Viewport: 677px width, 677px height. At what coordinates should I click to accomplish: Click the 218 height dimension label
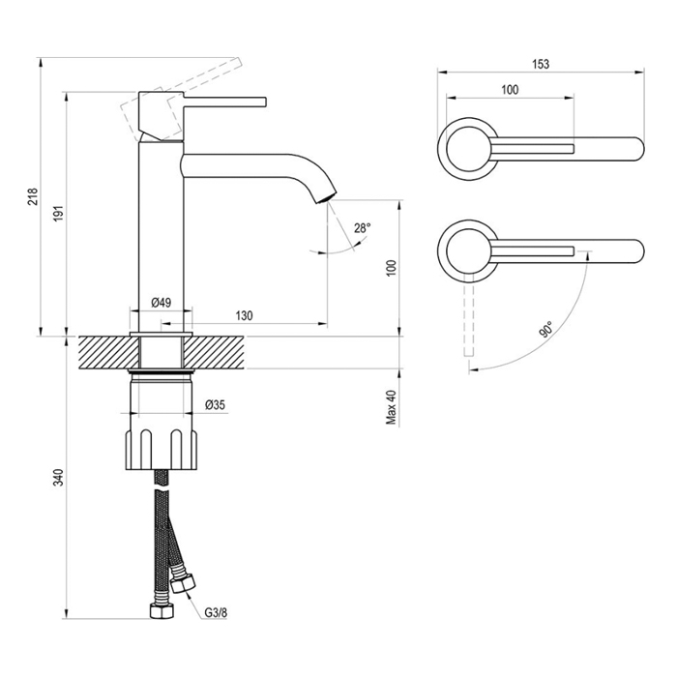(33, 197)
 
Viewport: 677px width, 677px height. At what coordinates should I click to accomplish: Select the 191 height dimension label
(59, 214)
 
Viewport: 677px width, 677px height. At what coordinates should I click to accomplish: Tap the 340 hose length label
(58, 477)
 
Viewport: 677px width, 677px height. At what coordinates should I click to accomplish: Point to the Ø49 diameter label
(162, 302)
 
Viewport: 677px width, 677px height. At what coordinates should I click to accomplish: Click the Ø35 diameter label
(215, 405)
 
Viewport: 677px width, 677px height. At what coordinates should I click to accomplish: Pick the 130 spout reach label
(244, 315)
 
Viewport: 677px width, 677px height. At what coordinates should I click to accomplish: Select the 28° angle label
(363, 228)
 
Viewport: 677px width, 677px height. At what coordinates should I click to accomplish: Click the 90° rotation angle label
(545, 330)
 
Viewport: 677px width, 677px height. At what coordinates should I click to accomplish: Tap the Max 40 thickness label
(391, 407)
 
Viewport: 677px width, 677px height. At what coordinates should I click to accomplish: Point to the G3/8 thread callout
(216, 612)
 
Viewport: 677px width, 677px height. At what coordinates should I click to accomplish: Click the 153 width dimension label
(541, 64)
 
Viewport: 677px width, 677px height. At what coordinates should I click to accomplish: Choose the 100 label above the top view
(510, 90)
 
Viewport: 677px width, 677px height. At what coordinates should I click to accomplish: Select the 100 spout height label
(391, 268)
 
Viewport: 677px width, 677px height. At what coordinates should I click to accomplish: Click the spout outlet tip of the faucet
(327, 199)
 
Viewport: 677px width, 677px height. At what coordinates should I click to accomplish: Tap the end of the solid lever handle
(265, 102)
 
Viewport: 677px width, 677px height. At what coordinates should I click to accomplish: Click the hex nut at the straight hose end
(162, 610)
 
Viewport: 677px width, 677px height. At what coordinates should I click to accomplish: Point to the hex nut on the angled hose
(183, 584)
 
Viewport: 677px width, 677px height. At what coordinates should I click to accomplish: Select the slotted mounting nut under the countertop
(162, 450)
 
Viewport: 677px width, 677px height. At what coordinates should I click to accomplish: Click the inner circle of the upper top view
(468, 149)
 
